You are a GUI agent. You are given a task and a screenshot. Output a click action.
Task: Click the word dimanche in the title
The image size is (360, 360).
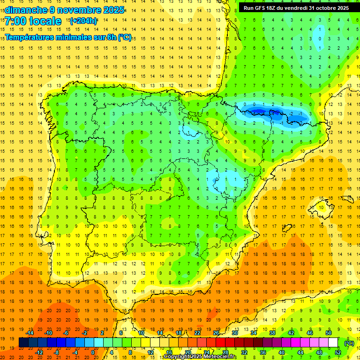pos(26,10)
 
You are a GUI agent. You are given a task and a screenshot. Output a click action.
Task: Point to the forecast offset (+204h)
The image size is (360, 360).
pos(83,21)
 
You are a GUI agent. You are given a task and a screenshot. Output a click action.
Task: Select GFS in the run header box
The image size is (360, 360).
pos(262,8)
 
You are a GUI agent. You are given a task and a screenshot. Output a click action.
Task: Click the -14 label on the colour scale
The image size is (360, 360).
pos(30,333)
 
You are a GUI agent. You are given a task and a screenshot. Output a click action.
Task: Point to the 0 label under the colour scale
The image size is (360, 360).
pos(93,352)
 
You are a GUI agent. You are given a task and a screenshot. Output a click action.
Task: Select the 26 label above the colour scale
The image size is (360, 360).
pos(216,333)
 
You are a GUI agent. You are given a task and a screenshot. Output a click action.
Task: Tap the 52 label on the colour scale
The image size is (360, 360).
pos(338,352)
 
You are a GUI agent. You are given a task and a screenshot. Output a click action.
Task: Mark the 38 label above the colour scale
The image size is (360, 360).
pos(272,333)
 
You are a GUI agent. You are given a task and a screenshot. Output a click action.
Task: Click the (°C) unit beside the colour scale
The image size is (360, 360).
pos(349,343)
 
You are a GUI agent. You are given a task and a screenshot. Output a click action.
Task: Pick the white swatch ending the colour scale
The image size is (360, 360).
pos(333,343)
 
